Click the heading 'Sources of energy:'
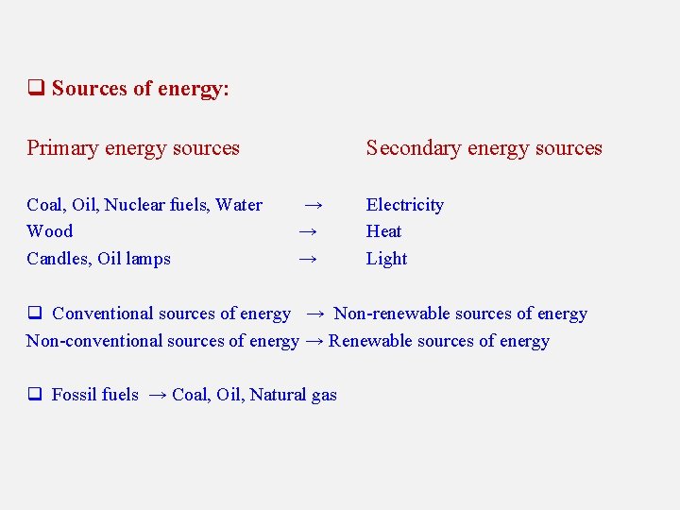141,89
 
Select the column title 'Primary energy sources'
133,148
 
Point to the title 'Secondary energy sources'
484,148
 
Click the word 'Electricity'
404,205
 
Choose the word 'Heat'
383,231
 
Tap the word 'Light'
386,259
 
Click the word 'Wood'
49,231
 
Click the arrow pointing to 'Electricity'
314,205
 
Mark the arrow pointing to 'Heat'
306,231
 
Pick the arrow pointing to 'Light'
306,259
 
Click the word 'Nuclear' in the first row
134,205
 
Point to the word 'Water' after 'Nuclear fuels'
240,205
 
